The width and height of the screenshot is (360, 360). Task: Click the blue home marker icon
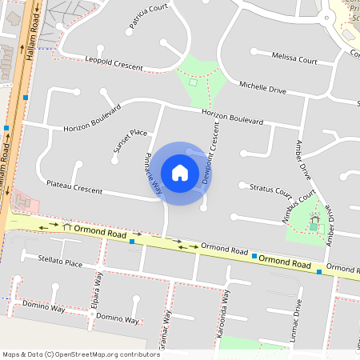(180, 173)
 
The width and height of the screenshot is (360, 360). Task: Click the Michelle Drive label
(262, 88)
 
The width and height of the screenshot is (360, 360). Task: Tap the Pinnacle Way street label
(154, 173)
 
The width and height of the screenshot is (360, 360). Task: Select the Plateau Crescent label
(74, 187)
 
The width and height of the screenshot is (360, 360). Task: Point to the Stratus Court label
(270, 190)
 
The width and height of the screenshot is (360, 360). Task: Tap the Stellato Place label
(60, 261)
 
